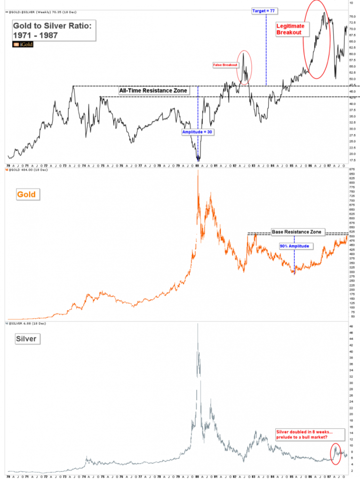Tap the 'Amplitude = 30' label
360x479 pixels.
coord(198,132)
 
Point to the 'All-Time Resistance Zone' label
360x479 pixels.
coord(153,90)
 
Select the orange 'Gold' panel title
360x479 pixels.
coord(26,194)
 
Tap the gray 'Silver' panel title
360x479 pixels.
coord(27,338)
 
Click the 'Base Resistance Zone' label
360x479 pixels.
coord(296,232)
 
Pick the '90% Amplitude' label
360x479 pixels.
coord(295,246)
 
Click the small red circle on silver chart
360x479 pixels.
coord(336,452)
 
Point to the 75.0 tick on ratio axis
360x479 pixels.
coord(352,16)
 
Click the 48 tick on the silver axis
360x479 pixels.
coord(351,326)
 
